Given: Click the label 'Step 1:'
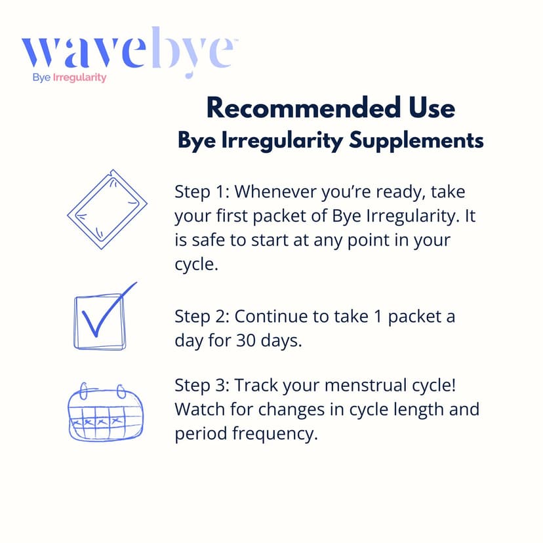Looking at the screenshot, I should point(201,192).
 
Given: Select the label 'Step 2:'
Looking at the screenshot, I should point(201,317).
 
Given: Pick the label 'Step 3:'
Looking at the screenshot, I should point(201,385).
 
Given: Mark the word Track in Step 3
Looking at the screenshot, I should point(255,385).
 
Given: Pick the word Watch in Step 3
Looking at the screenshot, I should point(197,409).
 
